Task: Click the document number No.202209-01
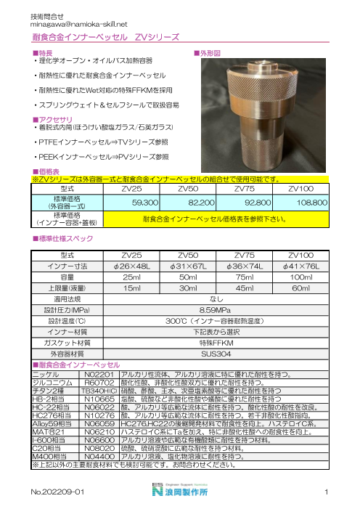pyautogui.click(x=60, y=493)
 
